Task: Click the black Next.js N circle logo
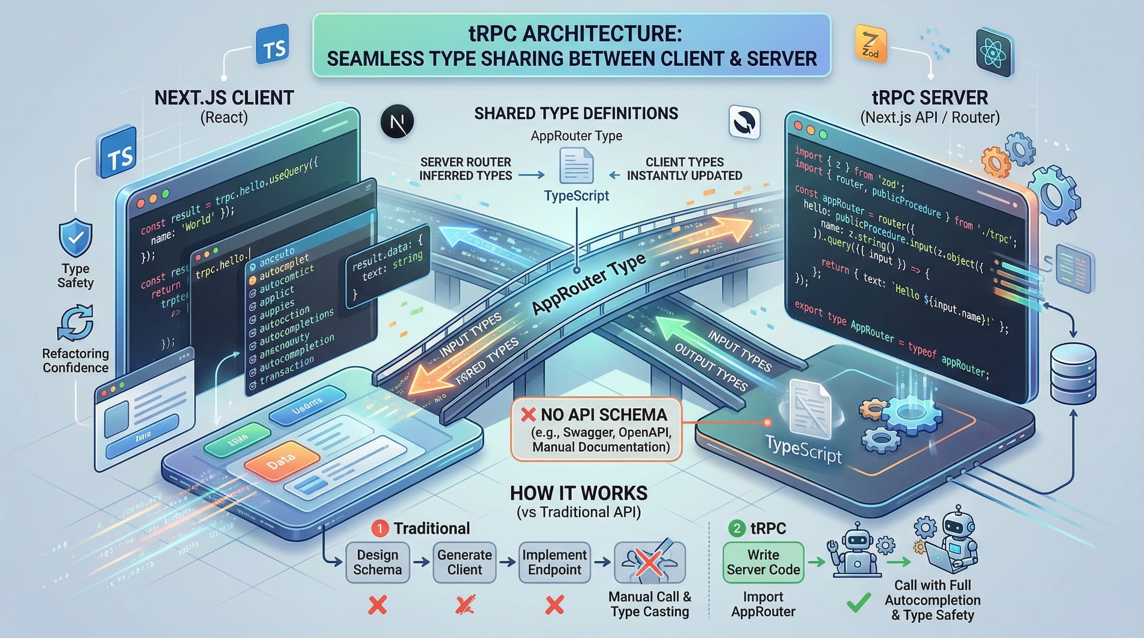[397, 121]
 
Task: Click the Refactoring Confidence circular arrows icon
[76, 323]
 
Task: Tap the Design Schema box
[378, 563]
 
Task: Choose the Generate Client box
[464, 563]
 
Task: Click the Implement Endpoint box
[554, 563]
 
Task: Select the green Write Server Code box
[763, 563]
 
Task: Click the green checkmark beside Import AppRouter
[859, 603]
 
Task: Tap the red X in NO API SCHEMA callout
[528, 414]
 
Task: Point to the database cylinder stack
[1073, 374]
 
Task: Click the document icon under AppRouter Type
[576, 166]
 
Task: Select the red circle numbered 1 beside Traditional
[380, 528]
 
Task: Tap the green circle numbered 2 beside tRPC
[737, 528]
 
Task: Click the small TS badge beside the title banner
[273, 46]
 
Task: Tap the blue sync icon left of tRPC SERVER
[745, 122]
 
